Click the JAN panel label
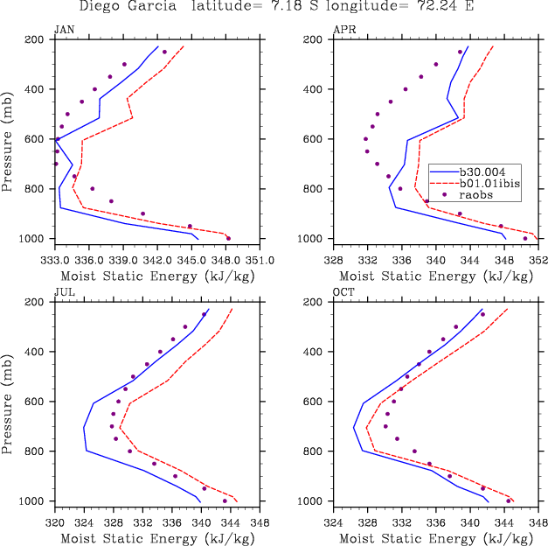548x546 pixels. click(64, 29)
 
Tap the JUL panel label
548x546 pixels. click(64, 291)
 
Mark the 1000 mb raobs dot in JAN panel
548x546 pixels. click(228, 238)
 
